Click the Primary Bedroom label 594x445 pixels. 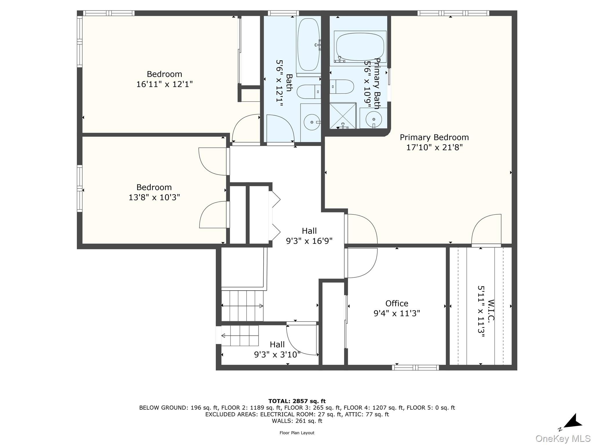(434, 137)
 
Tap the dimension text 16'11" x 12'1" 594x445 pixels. (164, 84)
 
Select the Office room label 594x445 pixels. (396, 303)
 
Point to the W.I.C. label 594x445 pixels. (490, 311)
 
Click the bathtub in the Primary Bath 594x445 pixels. (360, 47)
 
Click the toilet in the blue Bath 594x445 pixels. (309, 92)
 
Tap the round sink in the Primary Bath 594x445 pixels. (374, 119)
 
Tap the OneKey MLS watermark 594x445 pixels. (563, 439)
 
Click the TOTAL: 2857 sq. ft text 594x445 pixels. (297, 401)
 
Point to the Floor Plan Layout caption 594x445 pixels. (297, 433)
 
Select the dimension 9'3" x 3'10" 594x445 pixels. (277, 355)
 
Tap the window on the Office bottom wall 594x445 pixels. (415, 368)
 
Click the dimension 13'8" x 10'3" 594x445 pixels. (154, 197)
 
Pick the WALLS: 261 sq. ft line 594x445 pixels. (297, 421)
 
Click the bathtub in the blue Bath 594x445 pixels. (308, 45)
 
